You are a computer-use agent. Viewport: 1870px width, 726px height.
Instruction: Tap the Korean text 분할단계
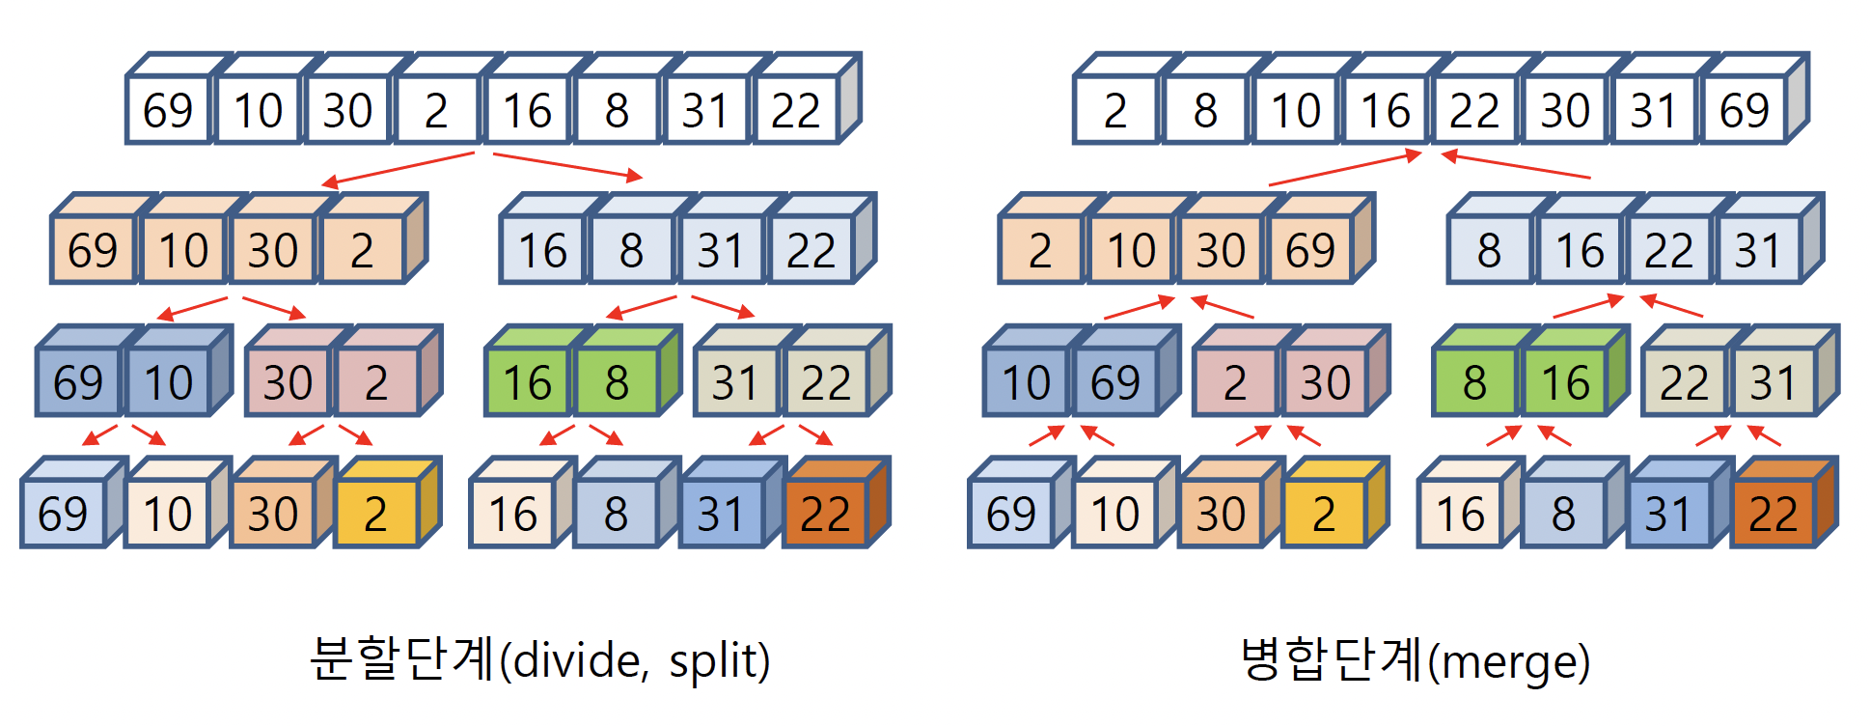[x=401, y=660]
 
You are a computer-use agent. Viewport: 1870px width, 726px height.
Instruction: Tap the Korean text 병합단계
[x=1332, y=660]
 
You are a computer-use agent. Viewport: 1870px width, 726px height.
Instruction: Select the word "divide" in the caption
[x=576, y=662]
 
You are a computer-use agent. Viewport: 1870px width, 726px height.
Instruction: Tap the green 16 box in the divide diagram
[x=527, y=382]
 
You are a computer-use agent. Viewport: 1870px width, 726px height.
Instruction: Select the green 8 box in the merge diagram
[x=1474, y=382]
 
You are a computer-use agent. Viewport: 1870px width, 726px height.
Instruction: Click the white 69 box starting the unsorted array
[x=168, y=110]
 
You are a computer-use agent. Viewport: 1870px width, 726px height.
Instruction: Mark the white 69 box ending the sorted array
[x=1745, y=110]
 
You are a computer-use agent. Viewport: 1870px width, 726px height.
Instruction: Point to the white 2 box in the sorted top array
[x=1115, y=110]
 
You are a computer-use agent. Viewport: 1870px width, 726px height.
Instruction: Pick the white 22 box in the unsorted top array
[x=795, y=110]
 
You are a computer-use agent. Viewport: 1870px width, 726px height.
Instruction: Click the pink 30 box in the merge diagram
[x=1325, y=382]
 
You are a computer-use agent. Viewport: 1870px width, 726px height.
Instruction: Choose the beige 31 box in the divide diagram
[x=735, y=382]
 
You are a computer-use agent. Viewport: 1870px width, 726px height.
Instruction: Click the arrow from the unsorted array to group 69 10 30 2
[x=398, y=168]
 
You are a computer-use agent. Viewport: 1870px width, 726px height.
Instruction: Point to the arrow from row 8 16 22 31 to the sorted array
[x=1515, y=166]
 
